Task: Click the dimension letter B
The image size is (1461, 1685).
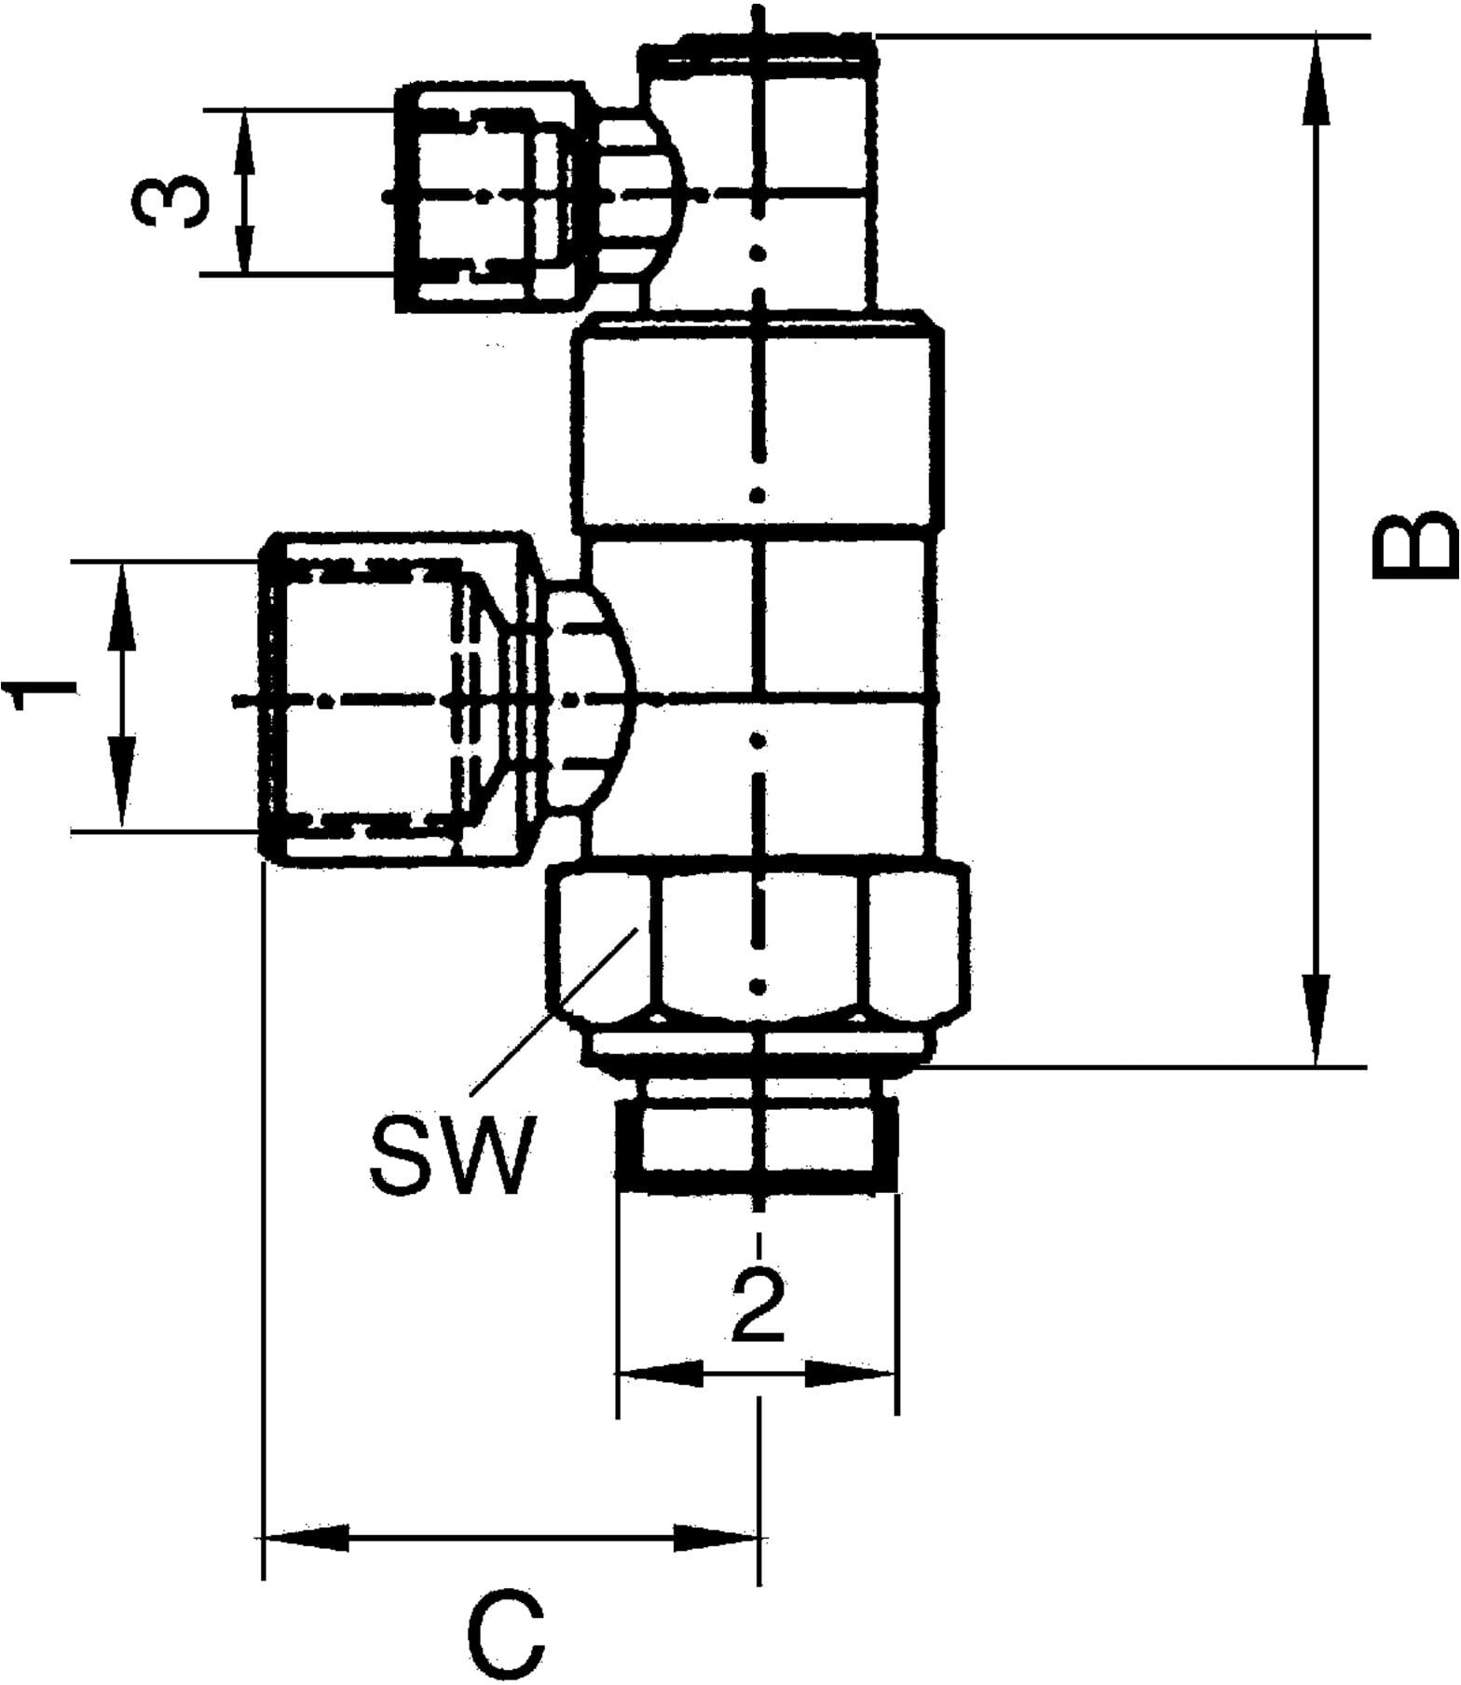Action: point(1414,545)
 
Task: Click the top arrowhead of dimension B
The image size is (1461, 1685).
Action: point(1316,75)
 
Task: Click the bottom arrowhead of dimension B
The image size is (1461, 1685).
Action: point(1316,1025)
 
